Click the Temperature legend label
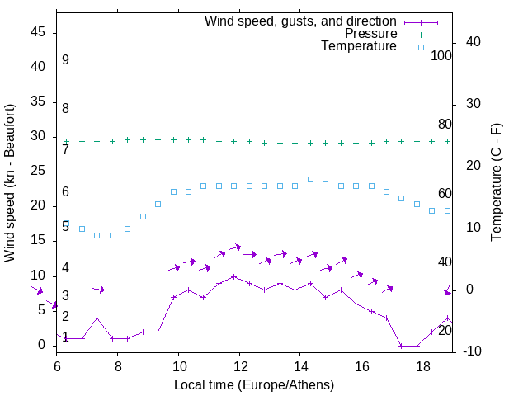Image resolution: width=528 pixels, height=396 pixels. click(x=359, y=47)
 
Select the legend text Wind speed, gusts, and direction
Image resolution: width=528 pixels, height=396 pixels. click(x=300, y=21)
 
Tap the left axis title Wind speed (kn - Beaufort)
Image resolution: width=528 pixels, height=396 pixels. click(x=10, y=183)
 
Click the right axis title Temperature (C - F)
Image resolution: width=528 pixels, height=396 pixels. click(x=496, y=183)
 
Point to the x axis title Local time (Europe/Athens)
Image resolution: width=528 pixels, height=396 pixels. click(x=254, y=384)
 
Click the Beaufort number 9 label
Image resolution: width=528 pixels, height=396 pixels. click(x=65, y=60)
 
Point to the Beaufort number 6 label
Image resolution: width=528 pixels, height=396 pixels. click(x=65, y=192)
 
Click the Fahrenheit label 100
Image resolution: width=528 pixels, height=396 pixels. click(x=442, y=56)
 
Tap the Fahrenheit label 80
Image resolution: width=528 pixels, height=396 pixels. click(x=445, y=125)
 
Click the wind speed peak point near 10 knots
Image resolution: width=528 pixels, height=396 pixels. click(x=233, y=276)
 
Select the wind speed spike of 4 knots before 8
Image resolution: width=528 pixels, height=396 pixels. click(x=97, y=318)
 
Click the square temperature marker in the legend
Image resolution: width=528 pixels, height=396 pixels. click(x=421, y=47)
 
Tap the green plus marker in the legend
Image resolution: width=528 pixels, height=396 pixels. click(x=421, y=34)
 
